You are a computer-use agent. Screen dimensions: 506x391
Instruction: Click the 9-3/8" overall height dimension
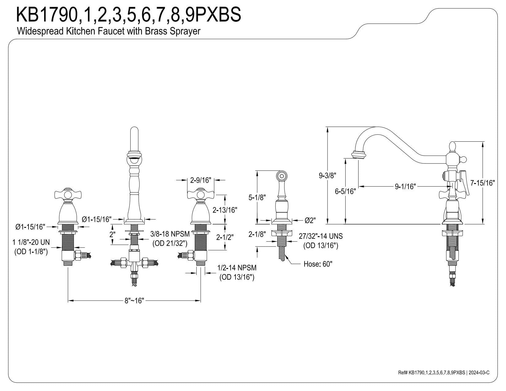click(328, 176)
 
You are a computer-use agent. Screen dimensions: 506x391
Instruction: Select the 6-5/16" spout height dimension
click(345, 191)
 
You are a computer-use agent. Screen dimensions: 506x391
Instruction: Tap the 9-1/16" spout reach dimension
click(405, 186)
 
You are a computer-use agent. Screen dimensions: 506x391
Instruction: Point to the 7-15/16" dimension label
click(482, 183)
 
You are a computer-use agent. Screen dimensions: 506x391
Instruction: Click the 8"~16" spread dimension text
click(134, 301)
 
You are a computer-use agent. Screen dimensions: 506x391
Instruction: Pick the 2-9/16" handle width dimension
click(201, 180)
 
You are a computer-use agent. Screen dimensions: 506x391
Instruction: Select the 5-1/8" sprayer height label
click(257, 197)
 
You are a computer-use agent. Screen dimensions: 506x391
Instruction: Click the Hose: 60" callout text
click(318, 264)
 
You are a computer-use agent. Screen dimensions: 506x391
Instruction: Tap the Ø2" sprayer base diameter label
click(310, 220)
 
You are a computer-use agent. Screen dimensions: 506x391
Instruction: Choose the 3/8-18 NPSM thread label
click(170, 234)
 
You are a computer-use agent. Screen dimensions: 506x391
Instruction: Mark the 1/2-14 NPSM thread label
click(237, 268)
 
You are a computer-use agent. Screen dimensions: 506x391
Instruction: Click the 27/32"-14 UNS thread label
click(321, 236)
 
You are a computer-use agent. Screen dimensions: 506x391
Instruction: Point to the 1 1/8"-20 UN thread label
click(31, 242)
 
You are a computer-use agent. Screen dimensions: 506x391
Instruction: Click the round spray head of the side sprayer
click(282, 176)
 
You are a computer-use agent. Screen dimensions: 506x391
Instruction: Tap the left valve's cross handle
click(68, 194)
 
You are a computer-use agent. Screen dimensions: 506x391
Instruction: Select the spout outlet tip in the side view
click(358, 155)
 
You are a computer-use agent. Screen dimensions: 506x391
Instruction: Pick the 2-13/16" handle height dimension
click(225, 210)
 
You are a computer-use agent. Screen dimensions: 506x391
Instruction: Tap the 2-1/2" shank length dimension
click(225, 237)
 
